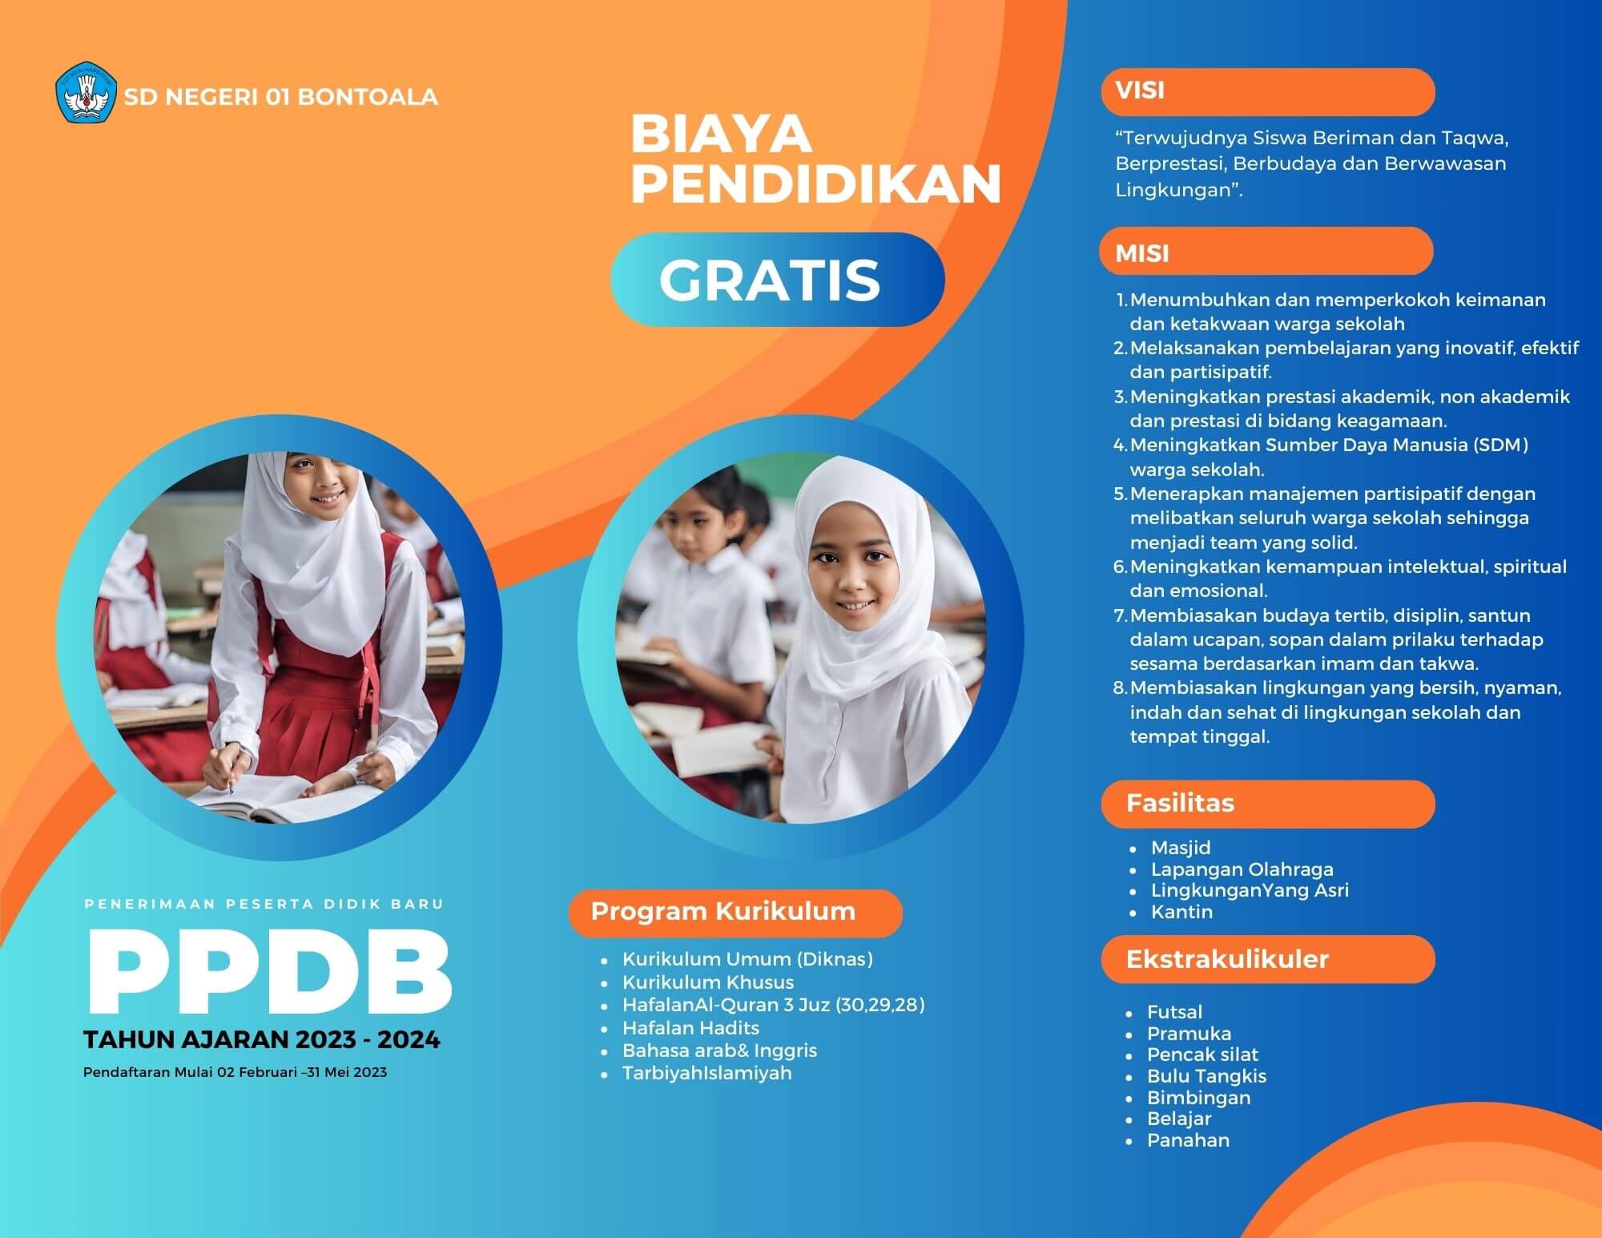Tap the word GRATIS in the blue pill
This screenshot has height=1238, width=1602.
tap(770, 280)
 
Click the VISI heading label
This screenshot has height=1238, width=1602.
tap(1140, 91)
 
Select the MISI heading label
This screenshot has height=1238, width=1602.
tap(1142, 254)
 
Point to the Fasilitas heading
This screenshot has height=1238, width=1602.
tap(1180, 803)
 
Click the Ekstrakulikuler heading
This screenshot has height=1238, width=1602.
tap(1227, 959)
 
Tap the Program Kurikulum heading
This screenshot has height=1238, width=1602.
tap(723, 912)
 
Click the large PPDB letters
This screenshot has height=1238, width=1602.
tap(268, 972)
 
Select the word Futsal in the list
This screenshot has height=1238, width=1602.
tap(1174, 1012)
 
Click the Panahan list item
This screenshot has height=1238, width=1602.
tap(1188, 1140)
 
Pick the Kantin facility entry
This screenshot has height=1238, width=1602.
tap(1181, 912)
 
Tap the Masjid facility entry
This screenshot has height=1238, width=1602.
tap(1181, 848)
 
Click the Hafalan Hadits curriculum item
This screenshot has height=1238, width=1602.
tap(690, 1028)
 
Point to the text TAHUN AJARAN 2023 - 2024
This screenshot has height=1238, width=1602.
tap(262, 1040)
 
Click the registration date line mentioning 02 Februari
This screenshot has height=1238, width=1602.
tap(235, 1072)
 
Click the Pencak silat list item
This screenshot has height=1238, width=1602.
tap(1202, 1055)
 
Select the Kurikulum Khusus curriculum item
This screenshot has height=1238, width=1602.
tap(708, 982)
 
